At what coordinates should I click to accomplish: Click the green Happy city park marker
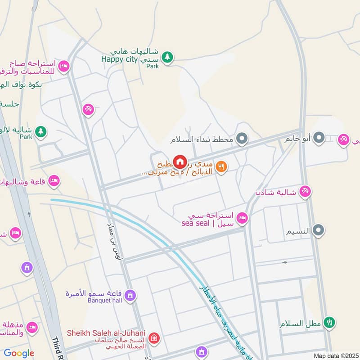click(x=167, y=57)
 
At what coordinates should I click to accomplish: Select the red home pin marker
click(x=180, y=162)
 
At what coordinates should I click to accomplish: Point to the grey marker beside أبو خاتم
click(x=319, y=138)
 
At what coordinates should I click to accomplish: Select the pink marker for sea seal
click(x=242, y=218)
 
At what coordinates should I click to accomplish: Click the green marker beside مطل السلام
click(x=331, y=322)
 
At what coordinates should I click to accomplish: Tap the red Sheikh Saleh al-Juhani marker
click(x=154, y=337)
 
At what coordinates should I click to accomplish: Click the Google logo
click(x=19, y=353)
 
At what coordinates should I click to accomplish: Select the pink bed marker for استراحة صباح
click(x=64, y=67)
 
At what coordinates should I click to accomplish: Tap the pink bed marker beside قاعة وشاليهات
click(x=54, y=181)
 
